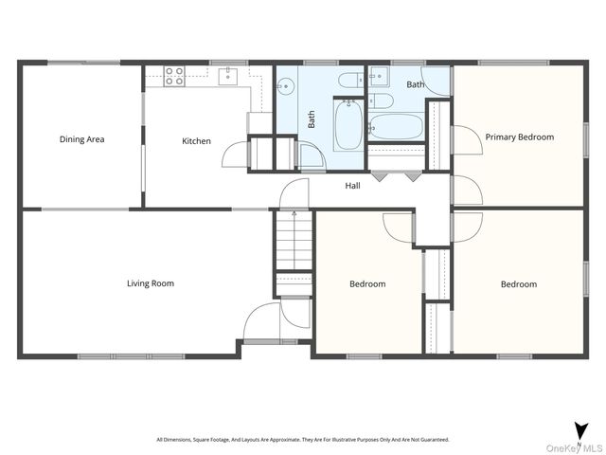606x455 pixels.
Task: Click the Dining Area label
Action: point(82,139)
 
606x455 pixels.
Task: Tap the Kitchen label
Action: point(196,141)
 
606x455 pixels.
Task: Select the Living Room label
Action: point(151,283)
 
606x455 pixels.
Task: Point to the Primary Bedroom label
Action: point(520,137)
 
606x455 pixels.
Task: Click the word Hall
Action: point(352,186)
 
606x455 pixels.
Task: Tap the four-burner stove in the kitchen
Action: point(174,76)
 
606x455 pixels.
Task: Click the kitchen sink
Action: point(228,76)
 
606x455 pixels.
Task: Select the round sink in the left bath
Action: point(286,86)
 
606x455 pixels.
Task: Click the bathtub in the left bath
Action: point(348,125)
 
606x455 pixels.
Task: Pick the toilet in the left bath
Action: point(351,81)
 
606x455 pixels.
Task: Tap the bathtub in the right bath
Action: point(396,126)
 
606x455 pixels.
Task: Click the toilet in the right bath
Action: point(381,101)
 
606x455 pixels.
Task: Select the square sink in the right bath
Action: point(379,76)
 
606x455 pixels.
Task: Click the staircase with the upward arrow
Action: point(294,240)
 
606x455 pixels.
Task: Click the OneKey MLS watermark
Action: point(574,448)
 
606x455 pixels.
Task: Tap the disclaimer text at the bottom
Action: point(303,440)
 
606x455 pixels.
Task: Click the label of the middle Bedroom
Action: point(367,284)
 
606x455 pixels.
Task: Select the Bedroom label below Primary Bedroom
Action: point(519,284)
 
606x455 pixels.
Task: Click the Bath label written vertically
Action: point(312,119)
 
